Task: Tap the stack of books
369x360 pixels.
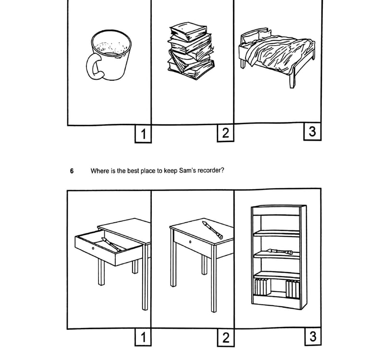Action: (x=191, y=51)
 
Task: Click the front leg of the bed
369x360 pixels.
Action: (x=292, y=80)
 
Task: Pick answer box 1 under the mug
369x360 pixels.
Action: (x=143, y=134)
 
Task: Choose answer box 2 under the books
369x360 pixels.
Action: (x=225, y=132)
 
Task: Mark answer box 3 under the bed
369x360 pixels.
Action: (x=312, y=131)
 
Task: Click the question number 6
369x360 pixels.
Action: (x=72, y=171)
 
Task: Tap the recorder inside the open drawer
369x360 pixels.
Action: (x=111, y=244)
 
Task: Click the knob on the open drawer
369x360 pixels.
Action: (x=93, y=248)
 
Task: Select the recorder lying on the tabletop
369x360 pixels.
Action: (x=212, y=230)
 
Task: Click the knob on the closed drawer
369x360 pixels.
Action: (x=190, y=242)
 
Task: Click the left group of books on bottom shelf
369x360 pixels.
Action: (x=262, y=287)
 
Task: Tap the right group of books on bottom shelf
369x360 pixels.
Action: (x=293, y=289)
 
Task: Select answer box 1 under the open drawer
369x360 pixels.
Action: (x=143, y=337)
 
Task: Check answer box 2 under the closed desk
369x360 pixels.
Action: (x=226, y=337)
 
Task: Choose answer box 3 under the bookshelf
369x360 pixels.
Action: (x=313, y=336)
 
